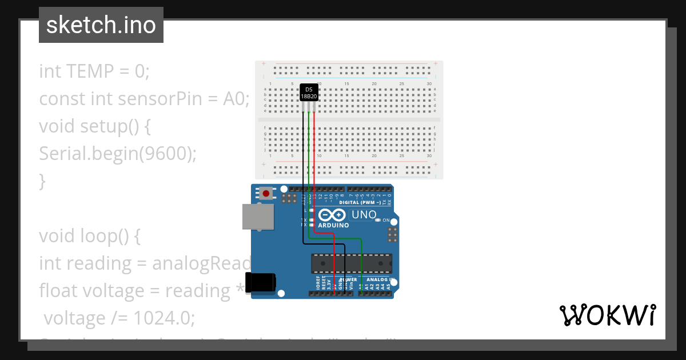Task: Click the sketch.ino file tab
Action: pyautogui.click(x=101, y=25)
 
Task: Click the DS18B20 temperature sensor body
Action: pyautogui.click(x=309, y=93)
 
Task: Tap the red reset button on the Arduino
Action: pyautogui.click(x=266, y=194)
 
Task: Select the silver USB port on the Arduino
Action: pyautogui.click(x=257, y=217)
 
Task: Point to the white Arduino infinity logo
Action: pyautogui.click(x=332, y=215)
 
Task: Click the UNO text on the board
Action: pyautogui.click(x=364, y=215)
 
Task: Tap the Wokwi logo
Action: pyautogui.click(x=607, y=315)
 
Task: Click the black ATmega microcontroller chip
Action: pyautogui.click(x=351, y=263)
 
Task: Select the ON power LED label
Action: pyautogui.click(x=386, y=221)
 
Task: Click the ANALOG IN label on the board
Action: pyautogui.click(x=378, y=280)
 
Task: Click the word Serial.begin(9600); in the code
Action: pyautogui.click(x=118, y=153)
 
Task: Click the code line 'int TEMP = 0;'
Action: pyautogui.click(x=94, y=71)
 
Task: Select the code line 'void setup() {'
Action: pyautogui.click(x=95, y=126)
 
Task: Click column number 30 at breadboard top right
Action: pyautogui.click(x=429, y=84)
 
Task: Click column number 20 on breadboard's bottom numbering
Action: pyautogui.click(x=374, y=156)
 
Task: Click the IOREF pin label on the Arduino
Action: pyautogui.click(x=318, y=283)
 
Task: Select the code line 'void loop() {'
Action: pyautogui.click(x=90, y=236)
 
